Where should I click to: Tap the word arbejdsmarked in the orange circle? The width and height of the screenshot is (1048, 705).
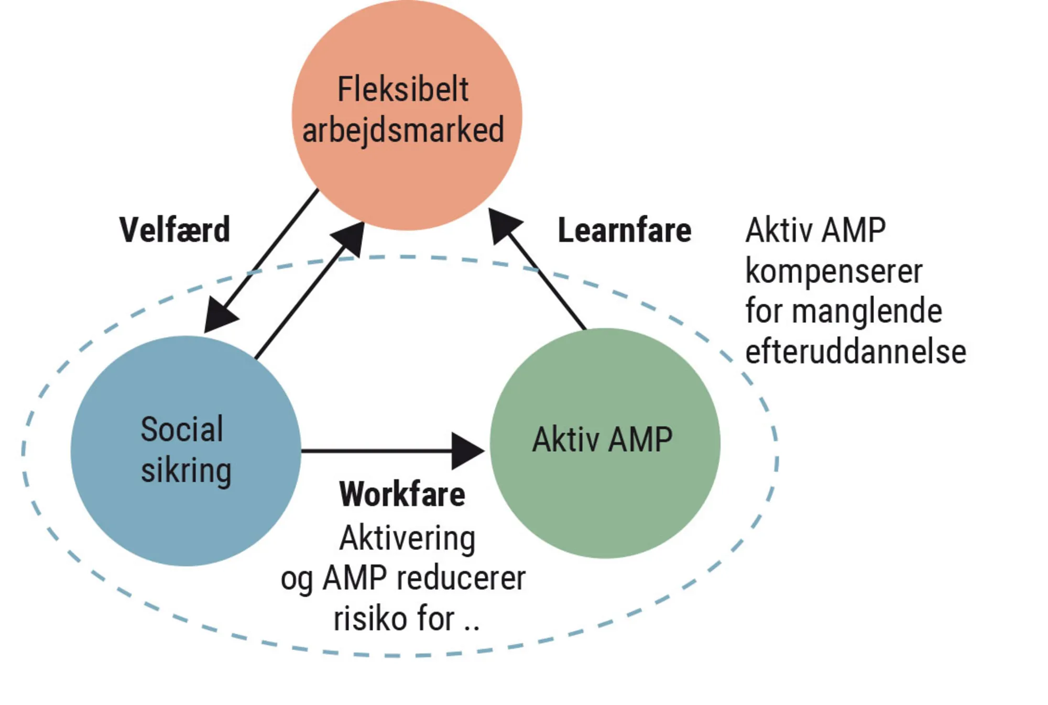[403, 130]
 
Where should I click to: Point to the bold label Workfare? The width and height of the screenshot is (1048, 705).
[402, 494]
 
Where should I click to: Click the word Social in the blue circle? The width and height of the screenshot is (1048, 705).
[182, 429]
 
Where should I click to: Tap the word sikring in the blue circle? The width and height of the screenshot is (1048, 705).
[186, 470]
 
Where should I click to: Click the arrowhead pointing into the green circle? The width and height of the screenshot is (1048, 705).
[466, 450]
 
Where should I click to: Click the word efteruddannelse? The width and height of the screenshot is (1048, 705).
[855, 351]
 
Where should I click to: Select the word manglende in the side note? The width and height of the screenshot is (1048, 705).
[867, 311]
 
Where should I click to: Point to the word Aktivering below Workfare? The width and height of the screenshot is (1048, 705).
[407, 538]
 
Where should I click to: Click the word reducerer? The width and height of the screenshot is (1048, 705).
[461, 579]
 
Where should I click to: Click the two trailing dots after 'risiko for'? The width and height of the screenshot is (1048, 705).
[471, 626]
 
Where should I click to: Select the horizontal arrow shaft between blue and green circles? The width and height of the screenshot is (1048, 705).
[375, 450]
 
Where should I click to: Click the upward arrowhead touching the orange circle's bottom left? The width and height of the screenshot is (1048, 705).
[351, 238]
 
